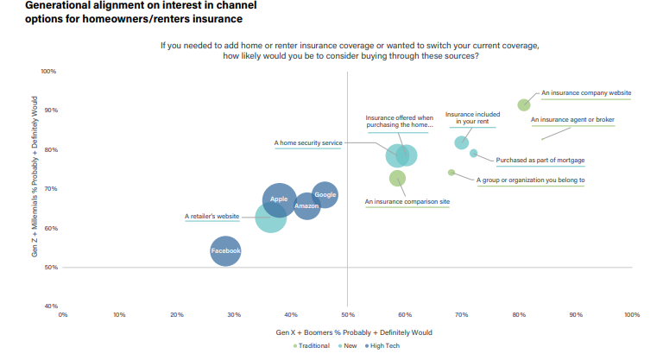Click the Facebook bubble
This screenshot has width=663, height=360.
[x=225, y=251]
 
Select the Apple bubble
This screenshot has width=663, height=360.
[x=279, y=199]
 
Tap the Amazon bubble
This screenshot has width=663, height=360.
[x=306, y=206]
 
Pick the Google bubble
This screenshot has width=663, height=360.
[x=325, y=195]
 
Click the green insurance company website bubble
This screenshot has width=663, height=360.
[x=523, y=104]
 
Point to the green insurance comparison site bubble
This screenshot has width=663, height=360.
[x=397, y=178]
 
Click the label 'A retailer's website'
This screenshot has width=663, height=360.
[x=212, y=217]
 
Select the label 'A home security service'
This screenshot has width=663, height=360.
[x=308, y=142]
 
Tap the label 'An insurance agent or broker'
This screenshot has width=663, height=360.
[x=571, y=120]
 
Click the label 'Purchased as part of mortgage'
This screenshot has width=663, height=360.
[x=540, y=160]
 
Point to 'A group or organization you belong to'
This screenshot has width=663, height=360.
[x=531, y=180]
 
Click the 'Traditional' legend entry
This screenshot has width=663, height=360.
[x=313, y=346]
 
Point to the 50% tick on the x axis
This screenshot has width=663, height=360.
[x=347, y=314]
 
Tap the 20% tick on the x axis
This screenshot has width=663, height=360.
[x=176, y=314]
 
